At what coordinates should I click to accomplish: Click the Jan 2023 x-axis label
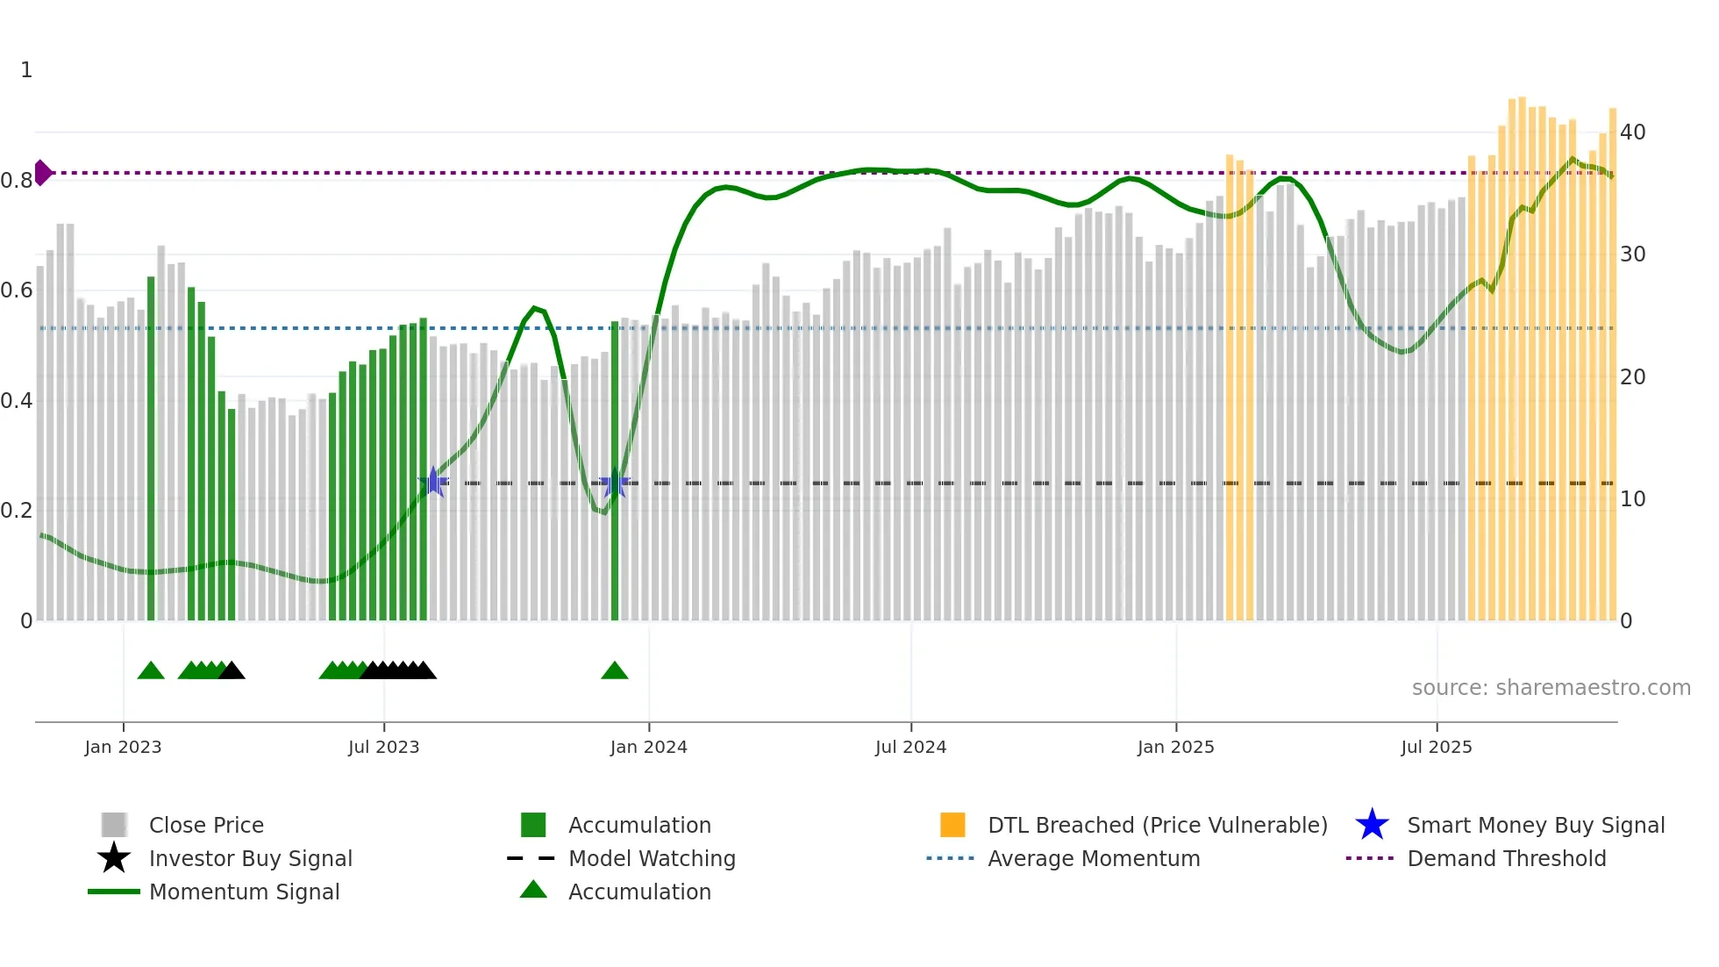pyautogui.click(x=123, y=747)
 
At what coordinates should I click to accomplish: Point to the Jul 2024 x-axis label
pyautogui.click(x=910, y=747)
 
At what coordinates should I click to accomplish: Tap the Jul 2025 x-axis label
pyautogui.click(x=1436, y=747)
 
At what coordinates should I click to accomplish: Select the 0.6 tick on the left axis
pyautogui.click(x=17, y=290)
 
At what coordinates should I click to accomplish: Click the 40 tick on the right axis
pyautogui.click(x=1632, y=133)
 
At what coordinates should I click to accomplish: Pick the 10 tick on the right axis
pyautogui.click(x=1632, y=499)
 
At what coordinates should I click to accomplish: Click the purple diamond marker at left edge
pyautogui.click(x=42, y=173)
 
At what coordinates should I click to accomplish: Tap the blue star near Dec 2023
pyautogui.click(x=614, y=483)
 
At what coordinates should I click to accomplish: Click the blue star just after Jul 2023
pyautogui.click(x=433, y=482)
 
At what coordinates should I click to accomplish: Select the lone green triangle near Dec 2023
pyautogui.click(x=615, y=671)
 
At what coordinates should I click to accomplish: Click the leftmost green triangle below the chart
pyautogui.click(x=151, y=671)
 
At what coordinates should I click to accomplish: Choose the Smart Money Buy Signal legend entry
pyautogui.click(x=1535, y=825)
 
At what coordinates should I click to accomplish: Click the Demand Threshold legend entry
pyautogui.click(x=1506, y=858)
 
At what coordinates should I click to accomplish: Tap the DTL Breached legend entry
pyautogui.click(x=1157, y=825)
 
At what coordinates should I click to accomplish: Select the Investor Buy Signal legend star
pyautogui.click(x=114, y=858)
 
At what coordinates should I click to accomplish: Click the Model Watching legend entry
pyautogui.click(x=651, y=858)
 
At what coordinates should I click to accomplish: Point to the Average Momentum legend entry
pyautogui.click(x=1093, y=858)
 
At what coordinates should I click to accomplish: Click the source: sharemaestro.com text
pyautogui.click(x=1551, y=688)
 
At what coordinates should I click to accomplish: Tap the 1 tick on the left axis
pyautogui.click(x=26, y=70)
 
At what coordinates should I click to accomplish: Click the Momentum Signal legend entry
pyautogui.click(x=243, y=892)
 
